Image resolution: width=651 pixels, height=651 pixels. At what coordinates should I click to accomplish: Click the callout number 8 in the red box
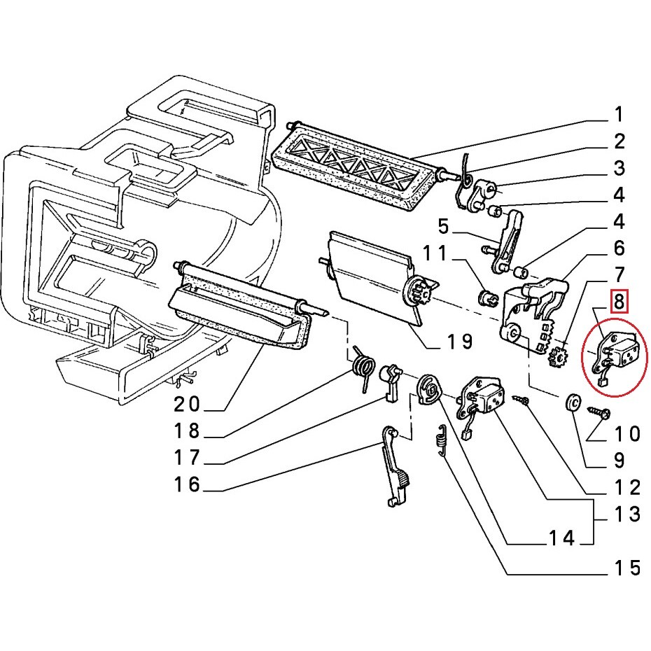tap(619, 301)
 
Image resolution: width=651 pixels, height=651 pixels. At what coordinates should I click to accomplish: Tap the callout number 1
tap(619, 114)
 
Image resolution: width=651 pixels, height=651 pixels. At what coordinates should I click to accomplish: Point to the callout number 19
tap(460, 342)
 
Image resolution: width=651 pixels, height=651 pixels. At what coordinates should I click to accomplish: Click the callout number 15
tap(627, 568)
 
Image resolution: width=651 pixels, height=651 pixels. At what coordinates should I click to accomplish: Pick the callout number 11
tap(435, 253)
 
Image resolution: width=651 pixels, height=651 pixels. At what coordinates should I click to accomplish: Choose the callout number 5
tap(443, 227)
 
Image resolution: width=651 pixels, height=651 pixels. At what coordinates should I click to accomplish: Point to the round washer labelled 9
tap(573, 402)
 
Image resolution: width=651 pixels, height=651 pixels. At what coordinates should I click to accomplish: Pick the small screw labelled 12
tap(521, 400)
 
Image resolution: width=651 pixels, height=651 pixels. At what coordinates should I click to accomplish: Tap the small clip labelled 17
tap(390, 383)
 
